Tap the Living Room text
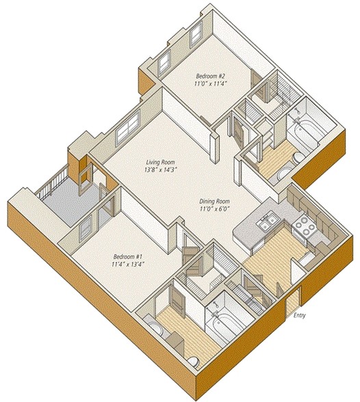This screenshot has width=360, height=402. [x=161, y=162]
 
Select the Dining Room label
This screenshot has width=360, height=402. [x=214, y=202]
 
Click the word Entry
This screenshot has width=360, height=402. [x=299, y=315]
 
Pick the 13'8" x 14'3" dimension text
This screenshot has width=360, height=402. [x=161, y=170]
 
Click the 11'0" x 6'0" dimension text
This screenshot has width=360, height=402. [x=214, y=209]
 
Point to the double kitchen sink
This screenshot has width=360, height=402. [x=266, y=222]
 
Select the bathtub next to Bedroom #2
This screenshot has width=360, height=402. [x=305, y=131]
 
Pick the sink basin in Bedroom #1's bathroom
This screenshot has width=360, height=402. [x=155, y=329]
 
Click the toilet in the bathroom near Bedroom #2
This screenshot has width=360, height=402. [x=298, y=158]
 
